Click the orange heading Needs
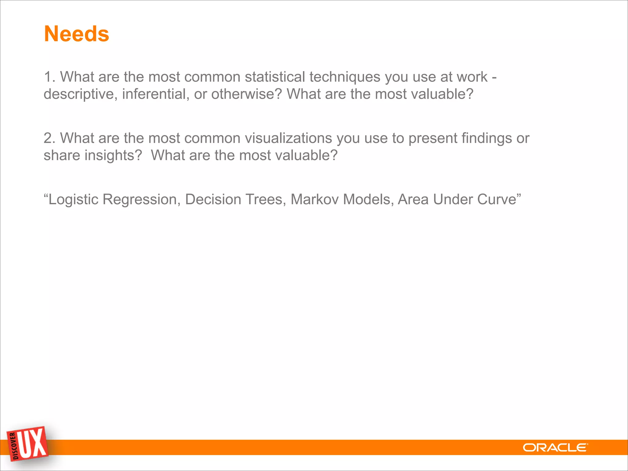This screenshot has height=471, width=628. point(77,34)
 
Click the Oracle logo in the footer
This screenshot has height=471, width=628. point(555,448)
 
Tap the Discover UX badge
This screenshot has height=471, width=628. point(28,444)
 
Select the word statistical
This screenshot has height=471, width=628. point(275,77)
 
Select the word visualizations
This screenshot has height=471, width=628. point(288,138)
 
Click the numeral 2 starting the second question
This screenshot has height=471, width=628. point(48,138)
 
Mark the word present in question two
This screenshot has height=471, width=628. point(433,139)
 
